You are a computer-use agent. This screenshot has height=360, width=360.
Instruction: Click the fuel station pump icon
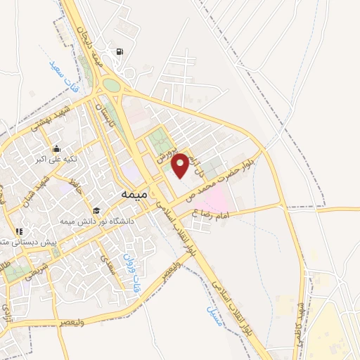122,51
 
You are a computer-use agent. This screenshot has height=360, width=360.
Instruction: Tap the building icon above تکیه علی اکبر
56,149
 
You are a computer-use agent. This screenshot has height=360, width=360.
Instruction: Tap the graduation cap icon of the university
96,210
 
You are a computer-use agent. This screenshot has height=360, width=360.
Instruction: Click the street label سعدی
106,266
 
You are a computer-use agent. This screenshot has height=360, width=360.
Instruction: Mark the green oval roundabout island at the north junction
111,86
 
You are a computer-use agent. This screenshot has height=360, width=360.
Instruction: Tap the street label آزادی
6,307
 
